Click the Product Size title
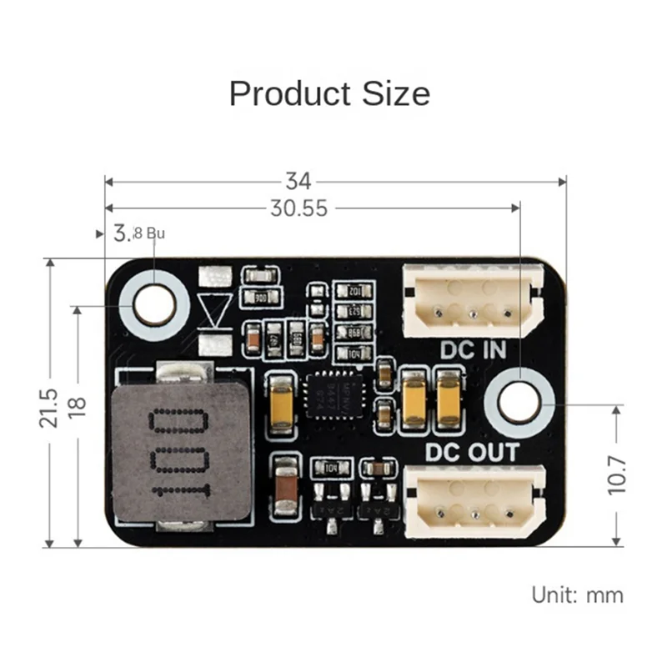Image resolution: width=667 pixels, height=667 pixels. (x=329, y=93)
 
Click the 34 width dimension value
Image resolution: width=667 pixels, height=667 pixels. (x=298, y=181)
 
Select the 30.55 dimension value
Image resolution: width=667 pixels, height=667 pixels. (x=298, y=208)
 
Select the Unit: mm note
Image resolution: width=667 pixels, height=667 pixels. (x=577, y=594)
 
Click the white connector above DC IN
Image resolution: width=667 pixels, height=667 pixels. (x=472, y=300)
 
